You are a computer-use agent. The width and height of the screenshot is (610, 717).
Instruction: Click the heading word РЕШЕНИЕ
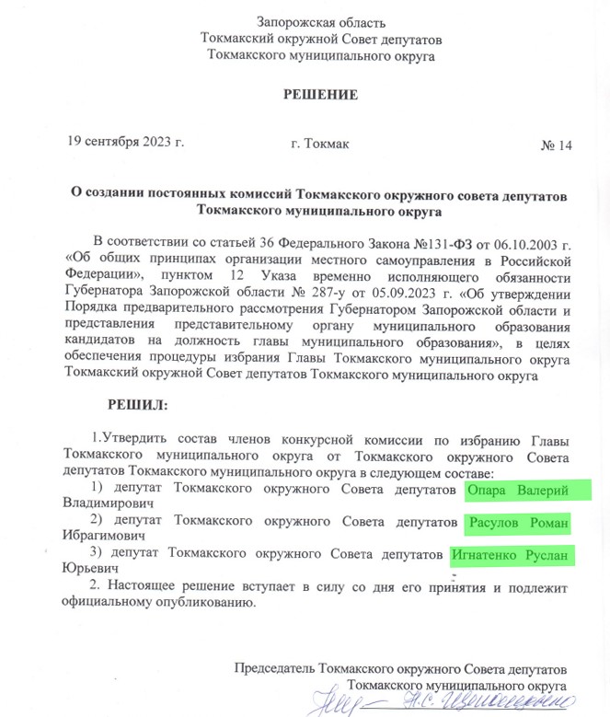pyautogui.click(x=319, y=94)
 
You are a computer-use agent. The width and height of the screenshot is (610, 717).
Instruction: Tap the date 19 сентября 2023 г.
pyautogui.click(x=126, y=143)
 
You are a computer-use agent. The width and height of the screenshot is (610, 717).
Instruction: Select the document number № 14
pyautogui.click(x=556, y=145)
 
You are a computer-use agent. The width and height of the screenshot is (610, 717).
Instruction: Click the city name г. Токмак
pyautogui.click(x=319, y=145)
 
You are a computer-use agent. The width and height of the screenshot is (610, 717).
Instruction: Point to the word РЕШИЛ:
pyautogui.click(x=139, y=403)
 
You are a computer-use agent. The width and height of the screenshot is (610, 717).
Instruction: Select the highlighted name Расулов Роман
pyautogui.click(x=517, y=524)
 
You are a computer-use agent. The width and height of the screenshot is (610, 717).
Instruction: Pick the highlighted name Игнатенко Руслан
pyautogui.click(x=511, y=556)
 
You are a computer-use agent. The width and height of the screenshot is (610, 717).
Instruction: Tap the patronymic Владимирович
pyautogui.click(x=106, y=504)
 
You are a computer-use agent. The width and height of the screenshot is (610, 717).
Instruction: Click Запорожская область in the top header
pyautogui.click(x=321, y=22)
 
